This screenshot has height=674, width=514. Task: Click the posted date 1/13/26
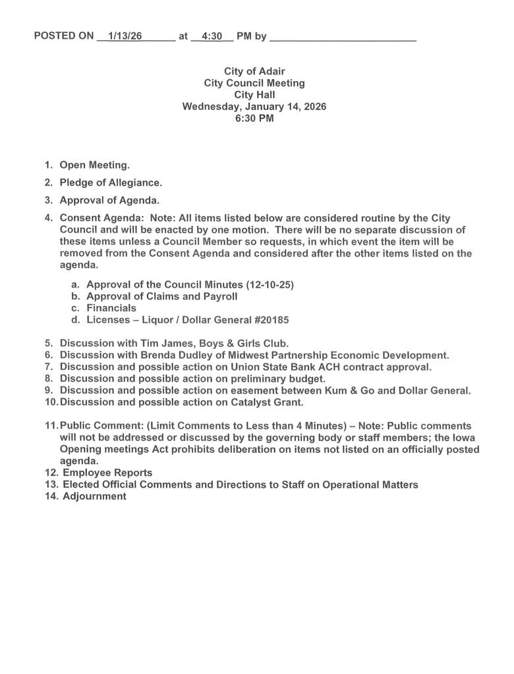point(125,36)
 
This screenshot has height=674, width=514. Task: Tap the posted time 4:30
point(212,36)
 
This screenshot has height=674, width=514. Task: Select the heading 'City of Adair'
point(254,71)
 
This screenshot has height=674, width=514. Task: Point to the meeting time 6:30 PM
point(254,118)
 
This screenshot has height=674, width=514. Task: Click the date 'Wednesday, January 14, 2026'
point(254,107)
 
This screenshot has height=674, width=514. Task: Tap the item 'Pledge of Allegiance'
point(111,182)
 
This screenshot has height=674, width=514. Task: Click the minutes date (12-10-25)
point(270,284)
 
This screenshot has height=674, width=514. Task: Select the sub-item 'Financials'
point(111,308)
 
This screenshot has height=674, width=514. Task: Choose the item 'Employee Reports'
point(107,473)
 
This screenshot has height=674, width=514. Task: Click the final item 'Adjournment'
point(94,496)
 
